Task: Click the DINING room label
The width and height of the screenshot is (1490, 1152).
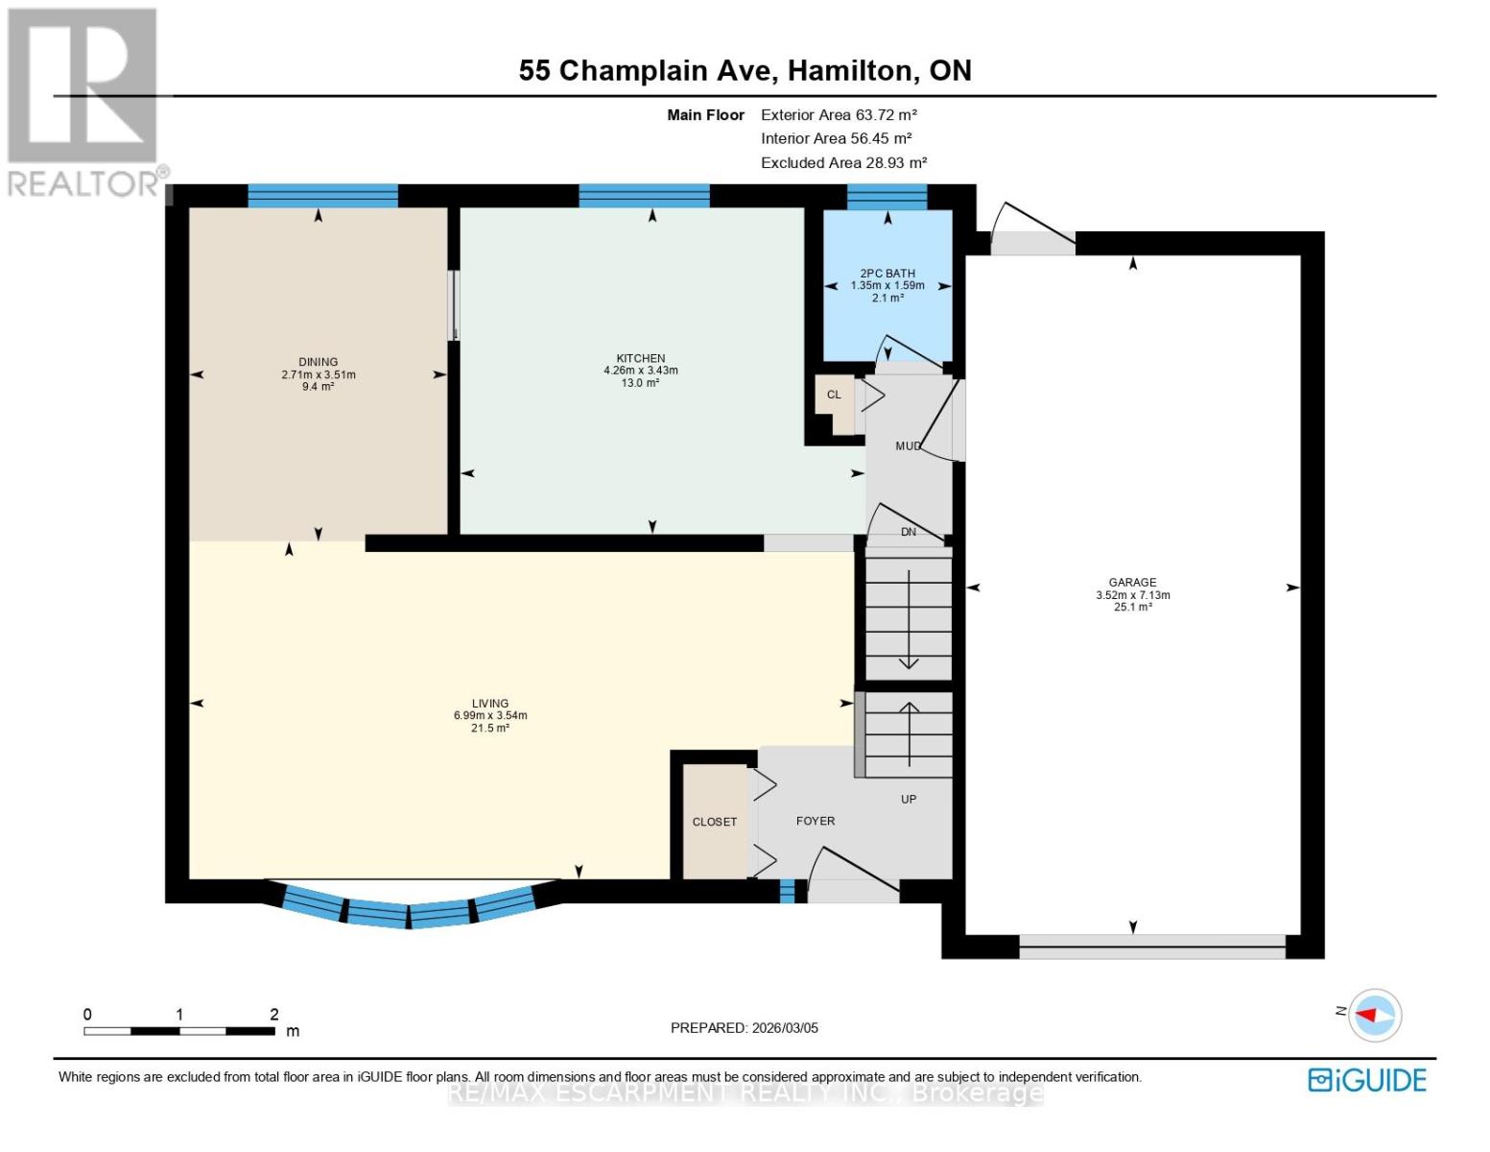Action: click(x=318, y=362)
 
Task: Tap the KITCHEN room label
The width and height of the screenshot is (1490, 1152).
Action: click(x=640, y=358)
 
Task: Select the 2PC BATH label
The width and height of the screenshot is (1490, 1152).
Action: click(x=887, y=274)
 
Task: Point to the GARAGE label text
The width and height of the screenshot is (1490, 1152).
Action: click(x=1132, y=583)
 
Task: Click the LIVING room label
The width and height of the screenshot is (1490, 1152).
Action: click(x=489, y=704)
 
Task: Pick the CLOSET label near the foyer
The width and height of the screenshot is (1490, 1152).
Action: click(x=715, y=823)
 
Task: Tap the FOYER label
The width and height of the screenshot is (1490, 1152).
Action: click(x=816, y=821)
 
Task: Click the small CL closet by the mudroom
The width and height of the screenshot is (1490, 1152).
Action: click(x=834, y=395)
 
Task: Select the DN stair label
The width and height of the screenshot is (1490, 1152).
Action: click(x=908, y=532)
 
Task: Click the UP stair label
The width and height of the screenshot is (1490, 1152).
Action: click(x=908, y=799)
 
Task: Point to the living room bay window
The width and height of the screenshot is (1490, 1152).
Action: click(x=410, y=907)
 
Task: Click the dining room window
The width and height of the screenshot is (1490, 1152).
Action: click(x=322, y=196)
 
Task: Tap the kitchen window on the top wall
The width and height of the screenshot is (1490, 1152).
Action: click(x=644, y=196)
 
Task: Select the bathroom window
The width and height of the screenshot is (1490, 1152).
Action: click(x=887, y=197)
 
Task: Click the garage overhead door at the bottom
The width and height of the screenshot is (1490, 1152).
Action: click(x=1151, y=947)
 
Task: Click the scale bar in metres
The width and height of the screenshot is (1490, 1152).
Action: click(x=179, y=1031)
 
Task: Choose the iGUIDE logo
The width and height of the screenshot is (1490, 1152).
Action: click(x=1367, y=1080)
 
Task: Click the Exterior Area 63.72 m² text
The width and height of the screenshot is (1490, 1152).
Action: click(x=839, y=114)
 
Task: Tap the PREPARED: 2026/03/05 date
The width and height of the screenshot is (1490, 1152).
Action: click(x=744, y=1028)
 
